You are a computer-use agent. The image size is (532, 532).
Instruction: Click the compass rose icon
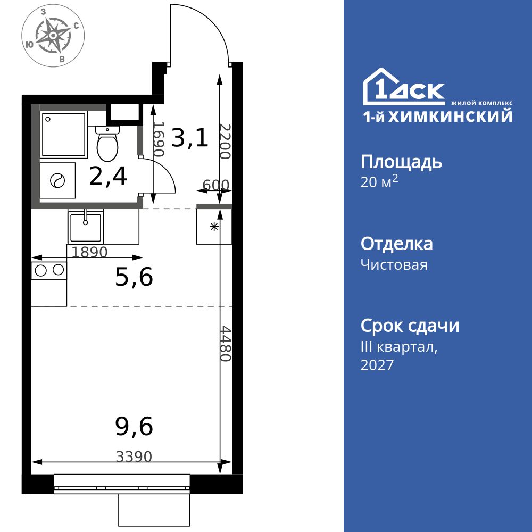[x=53, y=36]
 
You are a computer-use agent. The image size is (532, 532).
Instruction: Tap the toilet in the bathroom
[x=107, y=145]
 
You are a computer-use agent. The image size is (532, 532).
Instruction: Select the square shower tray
[x=63, y=134]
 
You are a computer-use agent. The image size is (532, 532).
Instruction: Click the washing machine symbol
[x=57, y=181]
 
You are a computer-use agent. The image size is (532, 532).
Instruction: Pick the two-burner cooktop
[x=49, y=270]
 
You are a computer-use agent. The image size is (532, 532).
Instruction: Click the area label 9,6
[x=134, y=426]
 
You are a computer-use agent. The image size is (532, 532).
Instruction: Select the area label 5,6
[x=134, y=277]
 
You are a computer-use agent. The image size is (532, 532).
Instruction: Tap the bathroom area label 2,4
[x=108, y=176]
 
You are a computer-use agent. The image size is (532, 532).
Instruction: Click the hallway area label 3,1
[x=190, y=138]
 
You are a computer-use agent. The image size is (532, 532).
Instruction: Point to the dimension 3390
[x=134, y=456]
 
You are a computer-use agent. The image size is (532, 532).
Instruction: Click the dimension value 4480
[x=226, y=344]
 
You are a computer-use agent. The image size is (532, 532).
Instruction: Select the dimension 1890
[x=90, y=252]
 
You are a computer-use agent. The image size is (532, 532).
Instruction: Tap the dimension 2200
[x=225, y=142]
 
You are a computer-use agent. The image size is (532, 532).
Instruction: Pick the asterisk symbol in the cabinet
[x=214, y=227]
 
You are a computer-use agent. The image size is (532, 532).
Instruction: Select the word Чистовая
[x=394, y=264]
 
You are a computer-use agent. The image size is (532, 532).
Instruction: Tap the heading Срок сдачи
[x=410, y=326]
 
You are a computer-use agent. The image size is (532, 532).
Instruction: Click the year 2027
[x=377, y=365]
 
